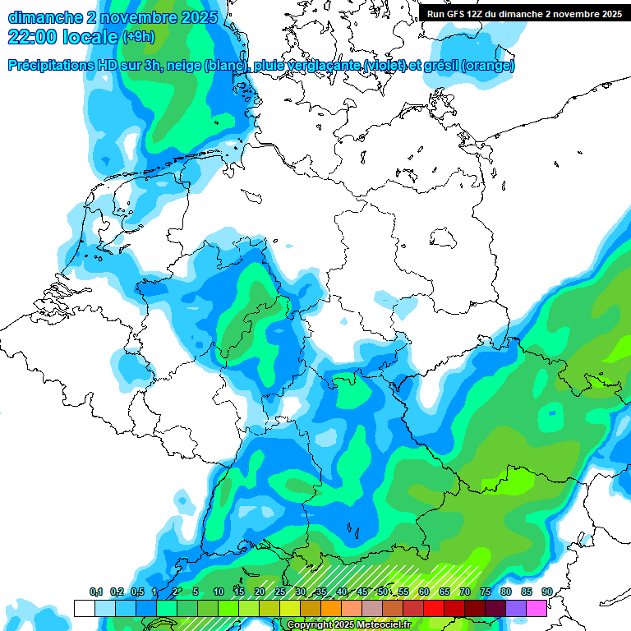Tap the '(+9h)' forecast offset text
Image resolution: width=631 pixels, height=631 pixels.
tap(139, 38)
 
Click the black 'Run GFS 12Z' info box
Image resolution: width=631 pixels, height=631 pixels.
tap(524, 13)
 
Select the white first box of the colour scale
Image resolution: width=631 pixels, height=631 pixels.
tap(84, 608)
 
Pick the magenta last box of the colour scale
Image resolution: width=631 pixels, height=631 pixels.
tap(537, 608)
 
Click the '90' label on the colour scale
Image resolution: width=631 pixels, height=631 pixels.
tap(547, 592)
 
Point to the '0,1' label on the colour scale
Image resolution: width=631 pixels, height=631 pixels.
tap(96, 592)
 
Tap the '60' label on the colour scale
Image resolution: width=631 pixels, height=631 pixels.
tap(424, 592)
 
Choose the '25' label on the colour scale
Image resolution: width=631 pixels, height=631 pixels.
tap(280, 592)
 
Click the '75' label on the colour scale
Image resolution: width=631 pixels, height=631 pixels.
tap(486, 592)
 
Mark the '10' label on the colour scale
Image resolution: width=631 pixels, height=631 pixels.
tap(219, 592)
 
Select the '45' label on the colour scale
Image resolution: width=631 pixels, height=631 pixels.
tap(362, 592)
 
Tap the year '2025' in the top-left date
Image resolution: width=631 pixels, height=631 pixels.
tap(197, 17)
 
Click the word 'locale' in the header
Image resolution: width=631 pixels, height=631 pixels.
tap(89, 37)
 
